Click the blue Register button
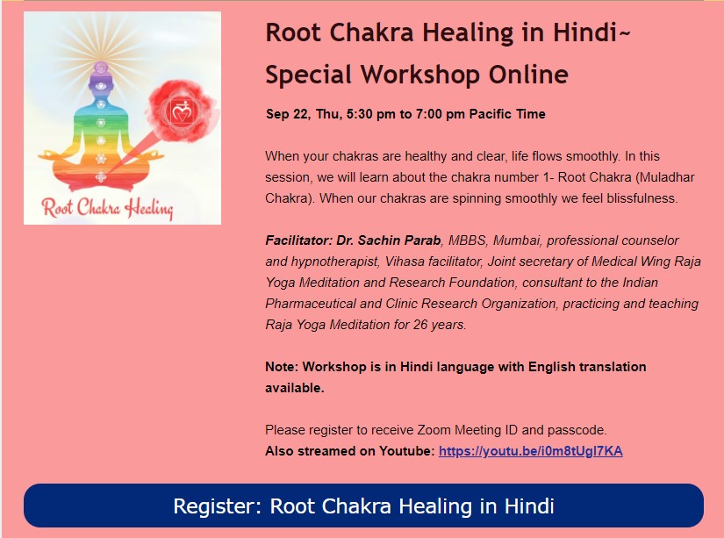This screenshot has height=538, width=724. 363,506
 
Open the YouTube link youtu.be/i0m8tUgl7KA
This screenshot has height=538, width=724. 531,451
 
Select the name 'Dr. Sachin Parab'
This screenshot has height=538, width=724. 388,240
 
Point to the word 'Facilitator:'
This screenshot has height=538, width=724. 298,240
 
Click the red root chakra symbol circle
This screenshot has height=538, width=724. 182,111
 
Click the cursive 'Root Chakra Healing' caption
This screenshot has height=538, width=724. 107,208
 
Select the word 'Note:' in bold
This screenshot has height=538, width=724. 282,367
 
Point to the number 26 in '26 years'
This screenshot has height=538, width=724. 420,325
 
